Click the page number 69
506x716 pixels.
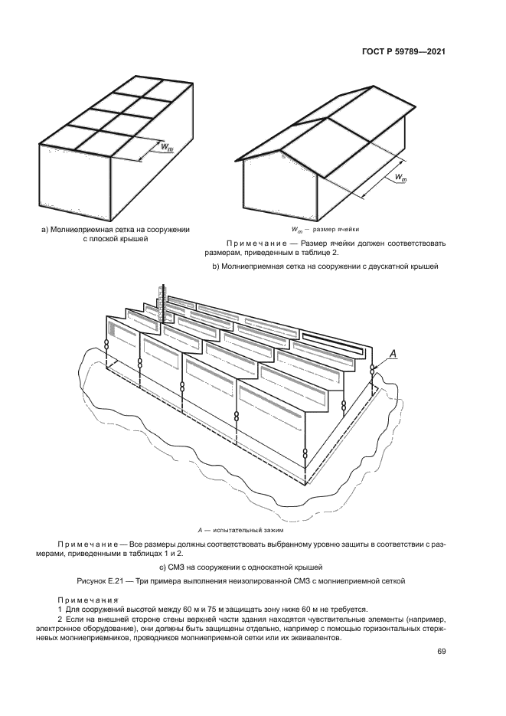coord(441,652)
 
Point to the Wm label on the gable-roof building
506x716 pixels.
coord(400,178)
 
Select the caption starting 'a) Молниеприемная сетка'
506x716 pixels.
coord(115,229)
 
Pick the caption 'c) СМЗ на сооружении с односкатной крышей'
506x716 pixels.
coord(253,567)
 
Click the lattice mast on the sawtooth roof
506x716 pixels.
coord(162,296)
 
